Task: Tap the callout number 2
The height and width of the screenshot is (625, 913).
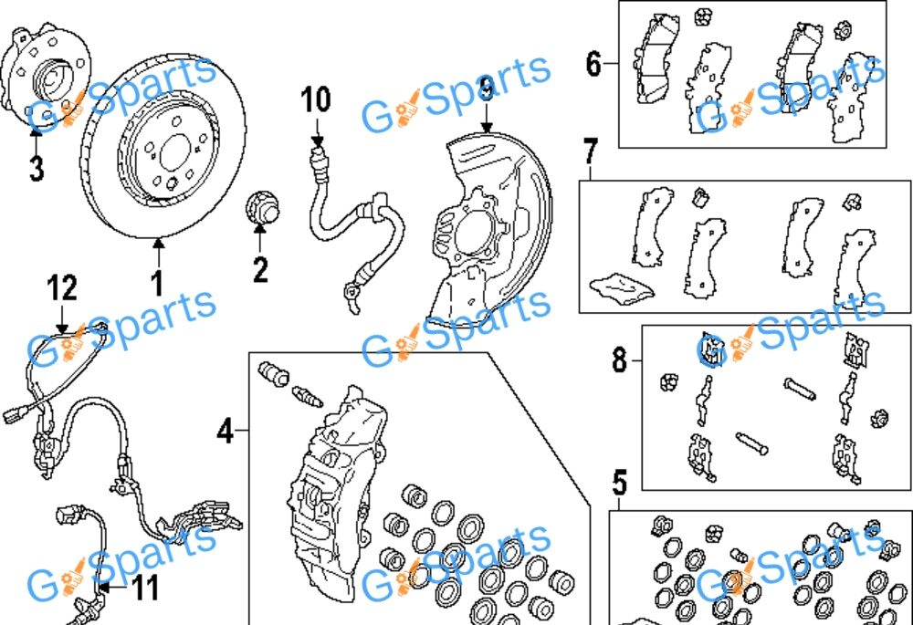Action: click(x=260, y=269)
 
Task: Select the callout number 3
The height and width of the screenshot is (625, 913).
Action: click(x=36, y=169)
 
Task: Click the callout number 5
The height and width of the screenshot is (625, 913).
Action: click(x=620, y=481)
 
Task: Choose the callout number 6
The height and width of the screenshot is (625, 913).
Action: click(x=594, y=65)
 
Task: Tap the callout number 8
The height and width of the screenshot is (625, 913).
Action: click(x=621, y=360)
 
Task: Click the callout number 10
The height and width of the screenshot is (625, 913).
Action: click(x=316, y=99)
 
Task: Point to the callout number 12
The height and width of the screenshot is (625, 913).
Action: click(x=62, y=288)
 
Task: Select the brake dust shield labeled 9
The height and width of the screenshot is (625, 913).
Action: click(x=484, y=228)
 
